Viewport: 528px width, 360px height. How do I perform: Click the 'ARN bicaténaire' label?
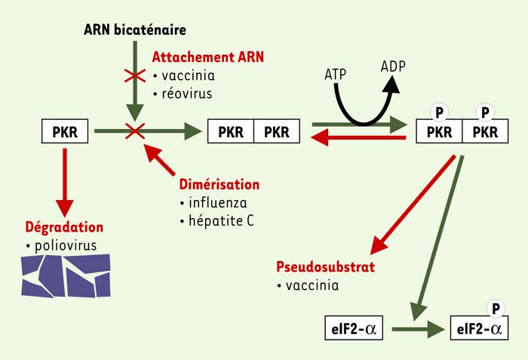(x=135, y=29)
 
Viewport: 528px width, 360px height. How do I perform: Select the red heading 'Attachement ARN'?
(x=207, y=57)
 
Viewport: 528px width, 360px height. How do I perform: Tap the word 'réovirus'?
(x=187, y=94)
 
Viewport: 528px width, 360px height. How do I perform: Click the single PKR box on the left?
(x=65, y=131)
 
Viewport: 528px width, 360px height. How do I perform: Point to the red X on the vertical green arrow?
(x=135, y=75)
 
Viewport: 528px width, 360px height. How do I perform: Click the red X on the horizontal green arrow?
(x=135, y=131)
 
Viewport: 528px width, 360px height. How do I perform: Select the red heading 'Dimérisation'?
(x=219, y=184)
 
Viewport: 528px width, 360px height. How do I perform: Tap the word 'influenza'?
(x=218, y=202)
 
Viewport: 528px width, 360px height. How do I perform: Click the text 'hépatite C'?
(x=221, y=221)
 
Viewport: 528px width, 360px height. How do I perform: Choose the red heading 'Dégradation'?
(x=64, y=227)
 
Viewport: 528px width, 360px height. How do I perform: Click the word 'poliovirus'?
(x=66, y=245)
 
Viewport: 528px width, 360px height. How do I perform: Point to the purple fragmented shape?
(x=66, y=276)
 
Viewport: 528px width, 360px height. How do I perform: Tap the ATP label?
(x=336, y=74)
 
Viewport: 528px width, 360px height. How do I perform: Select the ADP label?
(x=393, y=66)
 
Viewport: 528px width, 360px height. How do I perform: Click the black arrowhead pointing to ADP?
(x=392, y=85)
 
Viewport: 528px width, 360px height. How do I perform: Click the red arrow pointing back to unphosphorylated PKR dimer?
(x=358, y=138)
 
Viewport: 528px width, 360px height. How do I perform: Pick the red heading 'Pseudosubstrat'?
(x=326, y=266)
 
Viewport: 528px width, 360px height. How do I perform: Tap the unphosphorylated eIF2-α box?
(x=354, y=328)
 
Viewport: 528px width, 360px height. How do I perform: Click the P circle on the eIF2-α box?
(x=496, y=309)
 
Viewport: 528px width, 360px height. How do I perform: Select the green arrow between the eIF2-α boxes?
(x=419, y=329)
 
